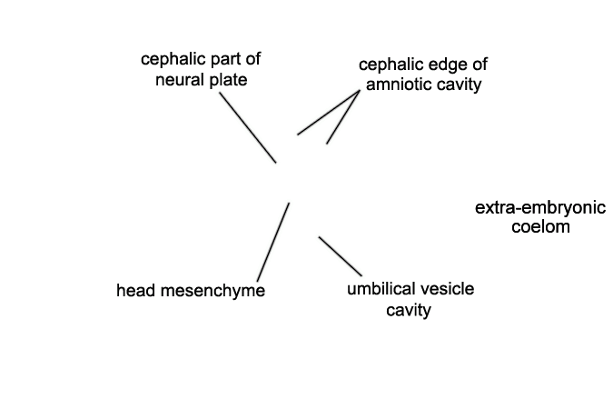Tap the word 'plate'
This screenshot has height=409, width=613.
coord(228,81)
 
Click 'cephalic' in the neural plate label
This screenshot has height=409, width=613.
coord(173,59)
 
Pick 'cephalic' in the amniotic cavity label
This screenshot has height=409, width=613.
coord(391,65)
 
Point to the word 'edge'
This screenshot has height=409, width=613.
coord(449,65)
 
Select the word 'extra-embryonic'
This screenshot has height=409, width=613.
coord(540,208)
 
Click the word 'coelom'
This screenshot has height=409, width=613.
coord(540,227)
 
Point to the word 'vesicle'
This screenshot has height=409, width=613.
coord(443,289)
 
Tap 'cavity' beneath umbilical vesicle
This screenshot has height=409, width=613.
coord(409,310)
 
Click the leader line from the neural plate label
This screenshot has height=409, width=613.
coord(248,127)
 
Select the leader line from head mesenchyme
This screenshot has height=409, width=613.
coord(273,242)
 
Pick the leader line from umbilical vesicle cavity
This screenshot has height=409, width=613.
coord(341,256)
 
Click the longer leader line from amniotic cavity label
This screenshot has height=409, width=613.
coord(329,113)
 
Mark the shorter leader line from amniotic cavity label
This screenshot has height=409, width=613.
coord(343,117)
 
